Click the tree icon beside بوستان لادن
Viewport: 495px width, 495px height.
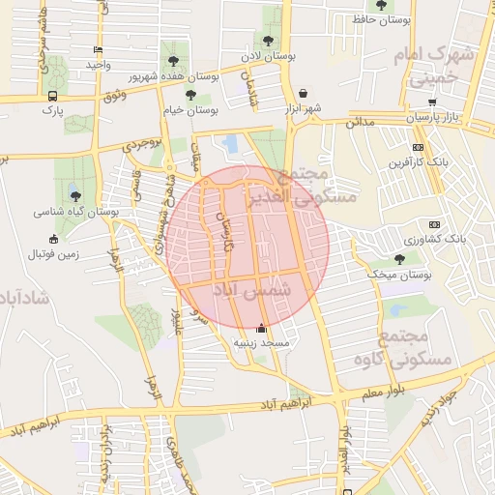[x=268, y=41]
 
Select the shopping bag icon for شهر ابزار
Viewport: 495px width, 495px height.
[x=305, y=94]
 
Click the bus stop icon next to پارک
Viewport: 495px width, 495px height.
[x=51, y=96]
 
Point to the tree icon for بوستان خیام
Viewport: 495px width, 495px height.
[x=190, y=95]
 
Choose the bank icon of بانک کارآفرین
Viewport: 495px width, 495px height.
[x=418, y=147]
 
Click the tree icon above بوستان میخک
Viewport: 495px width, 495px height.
[x=399, y=258]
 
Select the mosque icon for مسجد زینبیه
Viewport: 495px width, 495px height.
[x=259, y=328]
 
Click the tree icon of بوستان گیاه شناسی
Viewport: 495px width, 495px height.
[x=76, y=196]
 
